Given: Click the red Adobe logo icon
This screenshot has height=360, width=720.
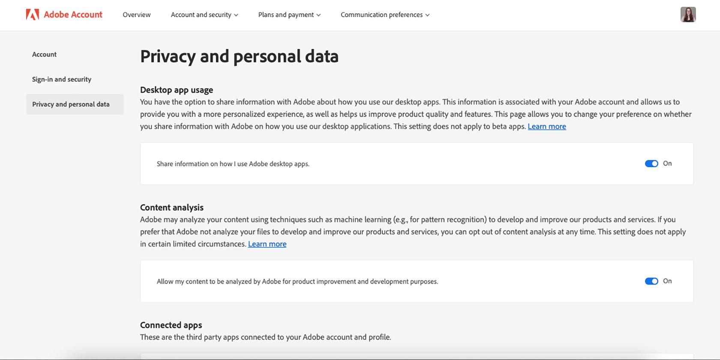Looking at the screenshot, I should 33,15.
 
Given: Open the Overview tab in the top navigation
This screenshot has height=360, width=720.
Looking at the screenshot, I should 137,15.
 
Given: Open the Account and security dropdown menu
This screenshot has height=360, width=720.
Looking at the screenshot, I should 204,15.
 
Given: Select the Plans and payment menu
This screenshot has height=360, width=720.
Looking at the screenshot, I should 289,15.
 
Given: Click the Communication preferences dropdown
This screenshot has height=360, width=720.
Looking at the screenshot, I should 385,15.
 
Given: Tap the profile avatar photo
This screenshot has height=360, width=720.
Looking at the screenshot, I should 688,15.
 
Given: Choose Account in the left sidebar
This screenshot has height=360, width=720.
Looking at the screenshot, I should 44,54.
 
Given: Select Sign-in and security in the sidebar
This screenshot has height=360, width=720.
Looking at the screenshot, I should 62,79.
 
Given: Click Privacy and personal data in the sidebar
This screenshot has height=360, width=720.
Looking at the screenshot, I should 71,104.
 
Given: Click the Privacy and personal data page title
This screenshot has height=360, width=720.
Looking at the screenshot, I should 239,56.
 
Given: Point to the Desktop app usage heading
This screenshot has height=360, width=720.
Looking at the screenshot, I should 177,90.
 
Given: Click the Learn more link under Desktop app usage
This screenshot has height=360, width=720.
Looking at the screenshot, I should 547,126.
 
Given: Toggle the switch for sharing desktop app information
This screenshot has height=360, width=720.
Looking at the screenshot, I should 651,164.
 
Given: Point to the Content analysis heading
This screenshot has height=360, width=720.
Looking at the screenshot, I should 172,207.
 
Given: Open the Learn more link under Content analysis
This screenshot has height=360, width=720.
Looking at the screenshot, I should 267,244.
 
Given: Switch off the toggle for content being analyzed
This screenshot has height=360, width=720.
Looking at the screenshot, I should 651,281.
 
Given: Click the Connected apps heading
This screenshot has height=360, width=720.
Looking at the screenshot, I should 171,325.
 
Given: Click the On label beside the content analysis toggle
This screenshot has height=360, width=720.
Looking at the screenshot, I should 667,281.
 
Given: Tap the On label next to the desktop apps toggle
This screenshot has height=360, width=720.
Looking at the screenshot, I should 667,163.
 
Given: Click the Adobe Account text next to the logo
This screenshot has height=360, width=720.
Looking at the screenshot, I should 73,15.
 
